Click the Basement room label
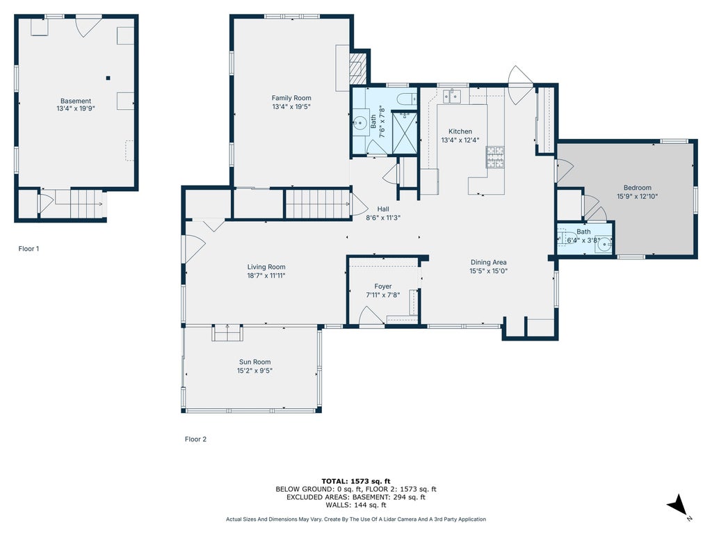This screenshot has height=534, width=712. (76, 101)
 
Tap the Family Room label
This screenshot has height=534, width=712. (291, 97)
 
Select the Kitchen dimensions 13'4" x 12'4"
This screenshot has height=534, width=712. (460, 140)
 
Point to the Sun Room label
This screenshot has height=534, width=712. (254, 362)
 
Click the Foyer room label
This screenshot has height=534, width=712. (383, 286)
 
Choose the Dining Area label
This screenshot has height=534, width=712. (489, 262)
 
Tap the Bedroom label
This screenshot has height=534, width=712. (638, 188)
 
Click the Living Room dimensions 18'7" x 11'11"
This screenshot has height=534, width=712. (266, 275)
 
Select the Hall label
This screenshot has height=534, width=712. (383, 209)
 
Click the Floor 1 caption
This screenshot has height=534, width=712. (29, 248)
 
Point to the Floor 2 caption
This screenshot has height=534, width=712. (195, 439)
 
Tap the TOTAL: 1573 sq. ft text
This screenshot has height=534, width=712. (356, 481)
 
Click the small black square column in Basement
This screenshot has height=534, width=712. (108, 78)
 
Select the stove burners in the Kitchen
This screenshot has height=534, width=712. (495, 156)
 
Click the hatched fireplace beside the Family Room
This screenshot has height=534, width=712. (357, 68)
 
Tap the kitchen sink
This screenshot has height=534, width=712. (452, 96)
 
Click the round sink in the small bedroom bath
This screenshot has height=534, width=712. (604, 245)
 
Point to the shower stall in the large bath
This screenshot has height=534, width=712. (404, 133)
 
